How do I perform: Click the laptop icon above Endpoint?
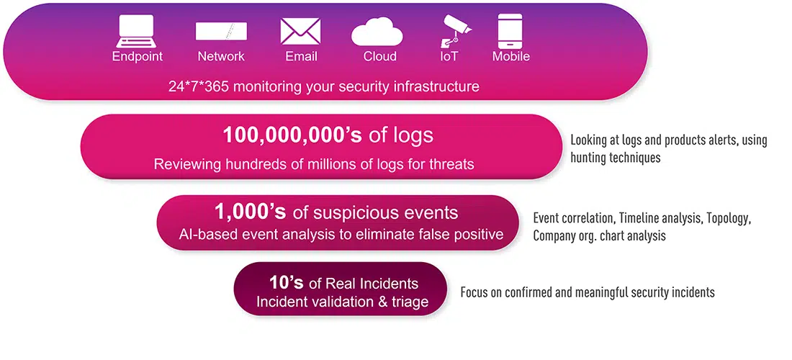coord(135,31)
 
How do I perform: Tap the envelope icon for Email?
coord(300,31)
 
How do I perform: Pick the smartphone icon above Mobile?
coord(510,31)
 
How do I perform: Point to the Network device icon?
coord(221,31)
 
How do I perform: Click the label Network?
coord(221,56)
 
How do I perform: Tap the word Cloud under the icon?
coord(380,56)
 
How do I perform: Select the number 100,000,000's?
coord(292,135)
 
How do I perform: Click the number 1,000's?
coord(251,212)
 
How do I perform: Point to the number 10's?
coord(286,283)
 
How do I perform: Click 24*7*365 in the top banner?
coord(199,86)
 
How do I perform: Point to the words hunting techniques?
coord(615,158)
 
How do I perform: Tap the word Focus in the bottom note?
coord(474,292)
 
